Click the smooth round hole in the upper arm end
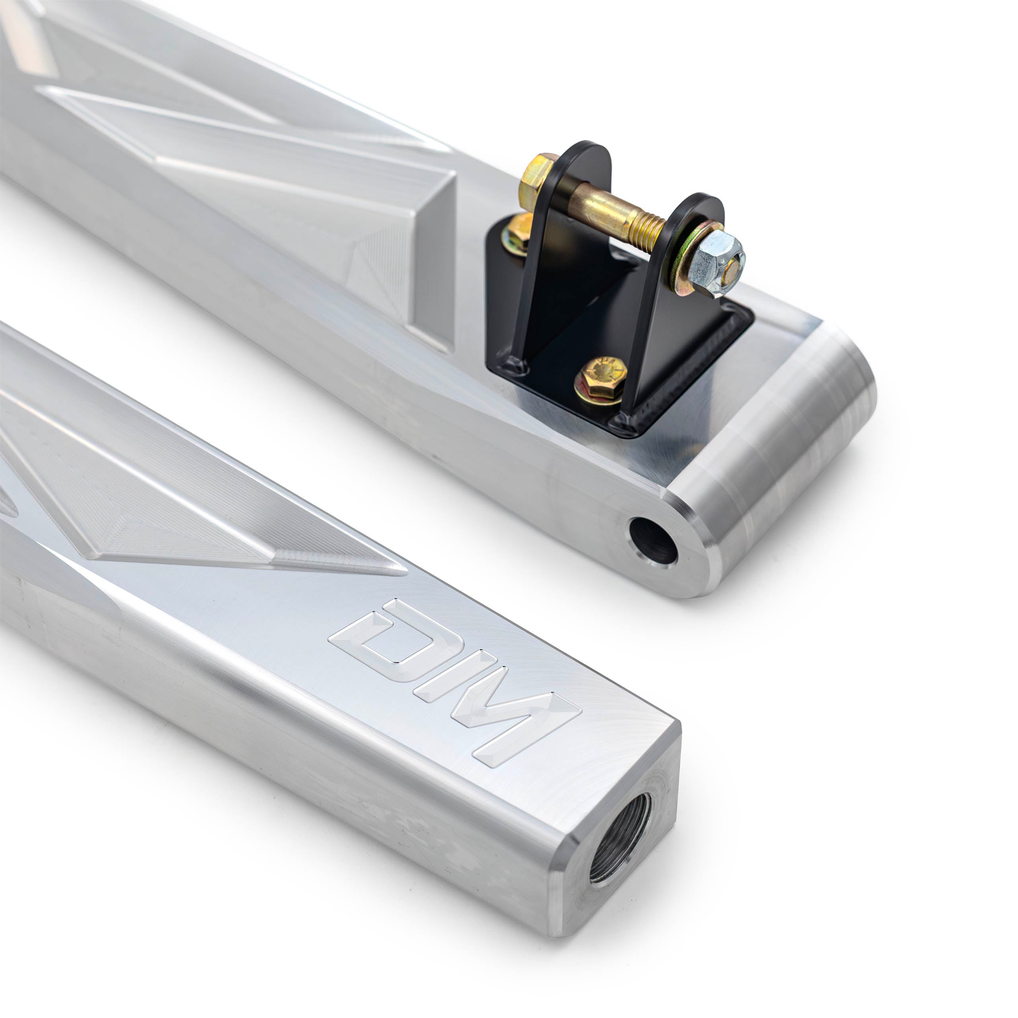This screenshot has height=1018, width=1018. coord(652,541)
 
